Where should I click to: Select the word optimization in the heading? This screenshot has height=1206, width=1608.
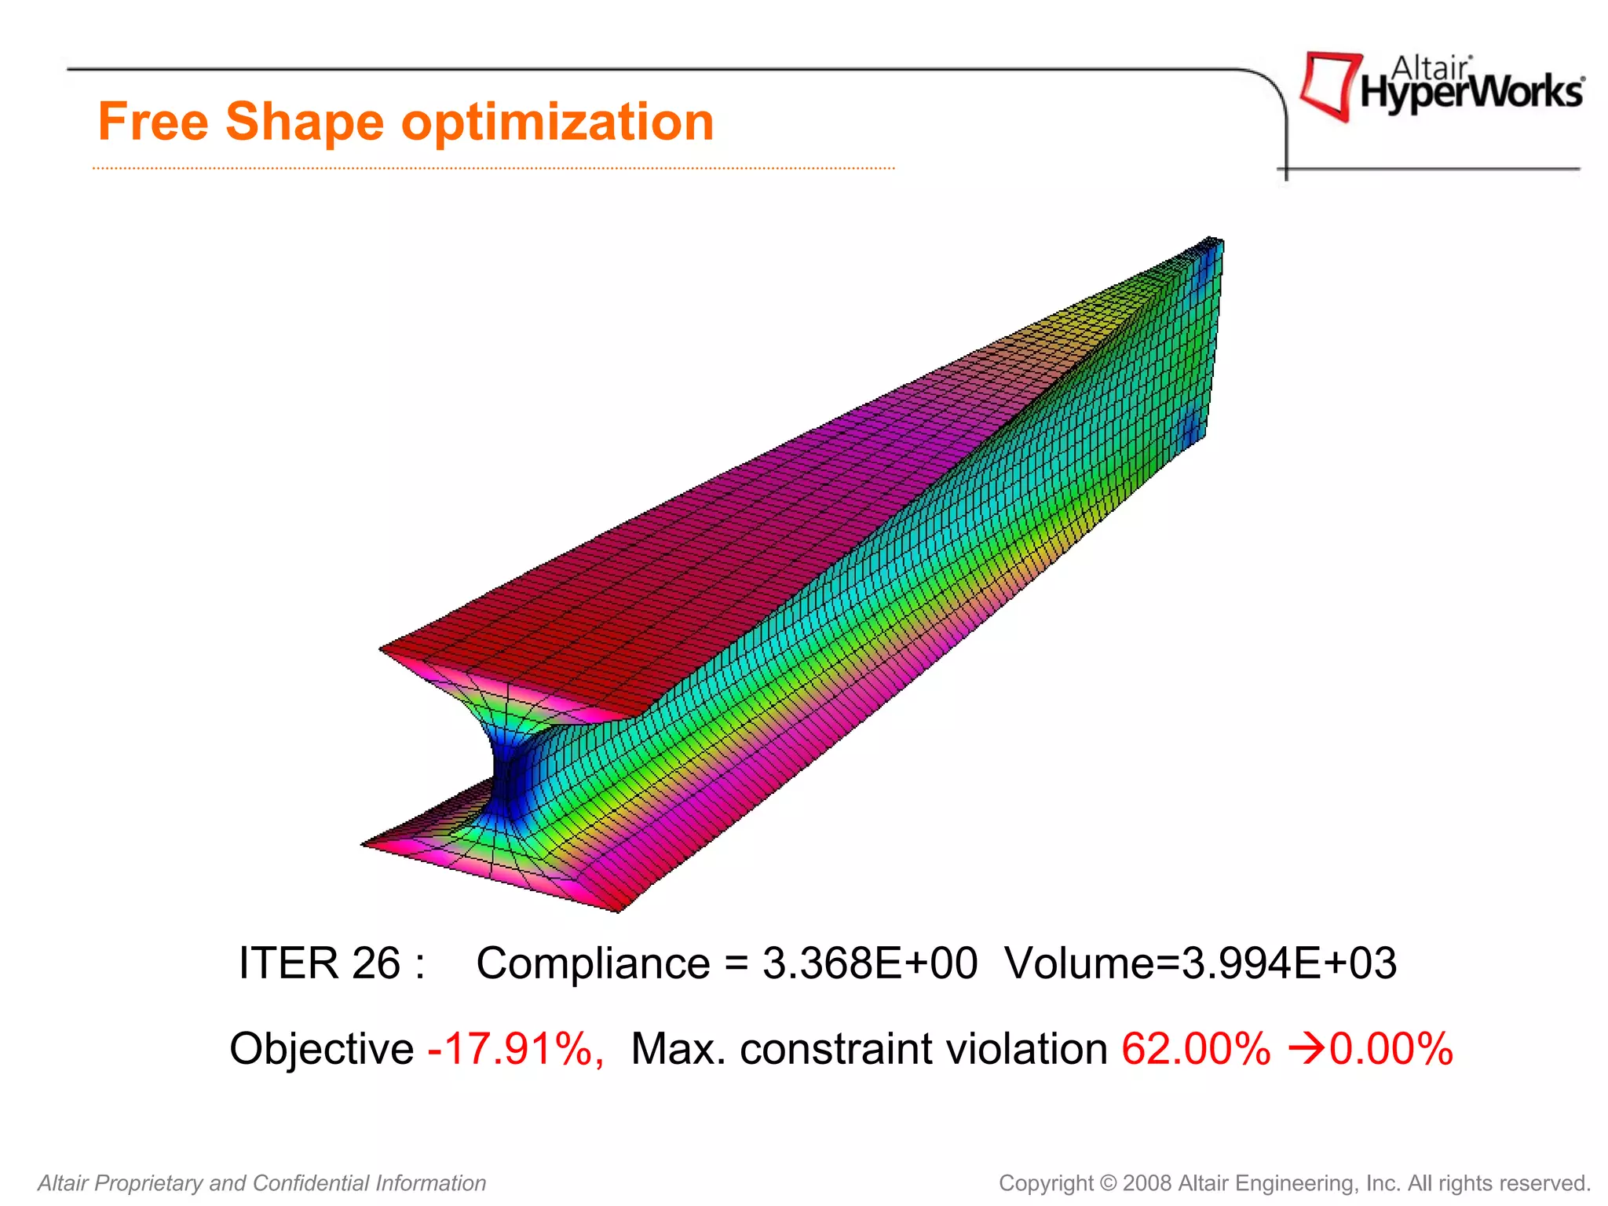click(x=557, y=123)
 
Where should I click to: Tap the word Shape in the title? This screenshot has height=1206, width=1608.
click(x=305, y=123)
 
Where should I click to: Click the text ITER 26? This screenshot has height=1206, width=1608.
click(x=320, y=963)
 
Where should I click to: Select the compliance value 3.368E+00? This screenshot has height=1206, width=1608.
click(x=870, y=963)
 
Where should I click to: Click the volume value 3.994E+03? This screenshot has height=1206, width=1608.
click(x=1289, y=963)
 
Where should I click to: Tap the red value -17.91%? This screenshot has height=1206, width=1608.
click(x=516, y=1049)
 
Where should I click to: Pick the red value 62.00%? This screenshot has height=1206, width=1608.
click(x=1196, y=1049)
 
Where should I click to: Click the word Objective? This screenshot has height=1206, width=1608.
click(x=322, y=1049)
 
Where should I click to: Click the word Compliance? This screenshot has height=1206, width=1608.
click(x=593, y=963)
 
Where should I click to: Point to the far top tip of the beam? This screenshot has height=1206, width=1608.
click(x=1213, y=239)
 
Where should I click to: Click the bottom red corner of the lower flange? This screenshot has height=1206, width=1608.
click(x=616, y=910)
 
